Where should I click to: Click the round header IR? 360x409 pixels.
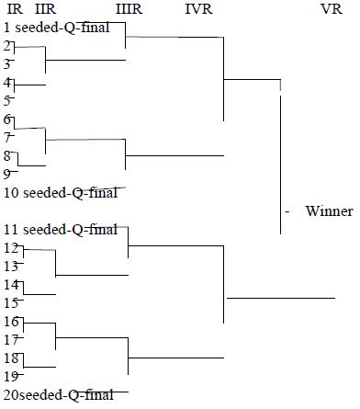tap(10, 10)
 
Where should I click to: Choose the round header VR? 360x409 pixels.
tap(332, 10)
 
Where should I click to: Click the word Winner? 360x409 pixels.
tap(329, 211)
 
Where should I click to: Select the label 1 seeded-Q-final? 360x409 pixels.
tap(64, 28)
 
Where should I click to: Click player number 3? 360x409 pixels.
tap(7, 64)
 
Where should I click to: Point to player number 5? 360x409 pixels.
tap(7, 101)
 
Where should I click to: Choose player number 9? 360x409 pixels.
tap(7, 174)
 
